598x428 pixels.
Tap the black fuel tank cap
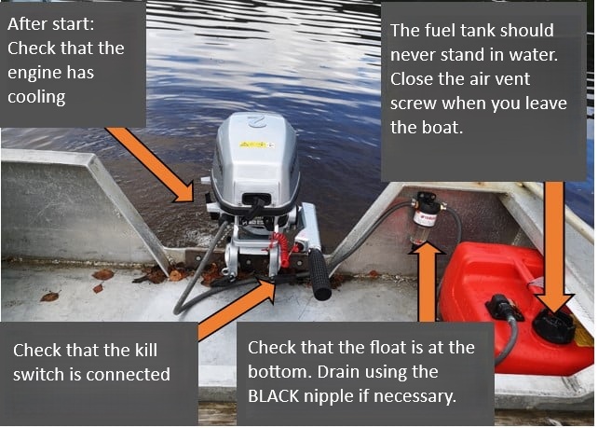tap(554, 326)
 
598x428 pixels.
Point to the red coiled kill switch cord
tap(280, 248)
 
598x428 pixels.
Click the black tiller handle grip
tap(319, 274)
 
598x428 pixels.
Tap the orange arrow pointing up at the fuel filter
tap(427, 282)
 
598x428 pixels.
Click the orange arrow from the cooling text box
tap(152, 164)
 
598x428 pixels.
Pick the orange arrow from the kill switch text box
tap(237, 309)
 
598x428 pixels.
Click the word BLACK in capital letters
tap(274, 396)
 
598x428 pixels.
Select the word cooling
tap(36, 98)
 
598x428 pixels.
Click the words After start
tap(50, 24)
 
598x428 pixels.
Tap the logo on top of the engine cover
tap(256, 122)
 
